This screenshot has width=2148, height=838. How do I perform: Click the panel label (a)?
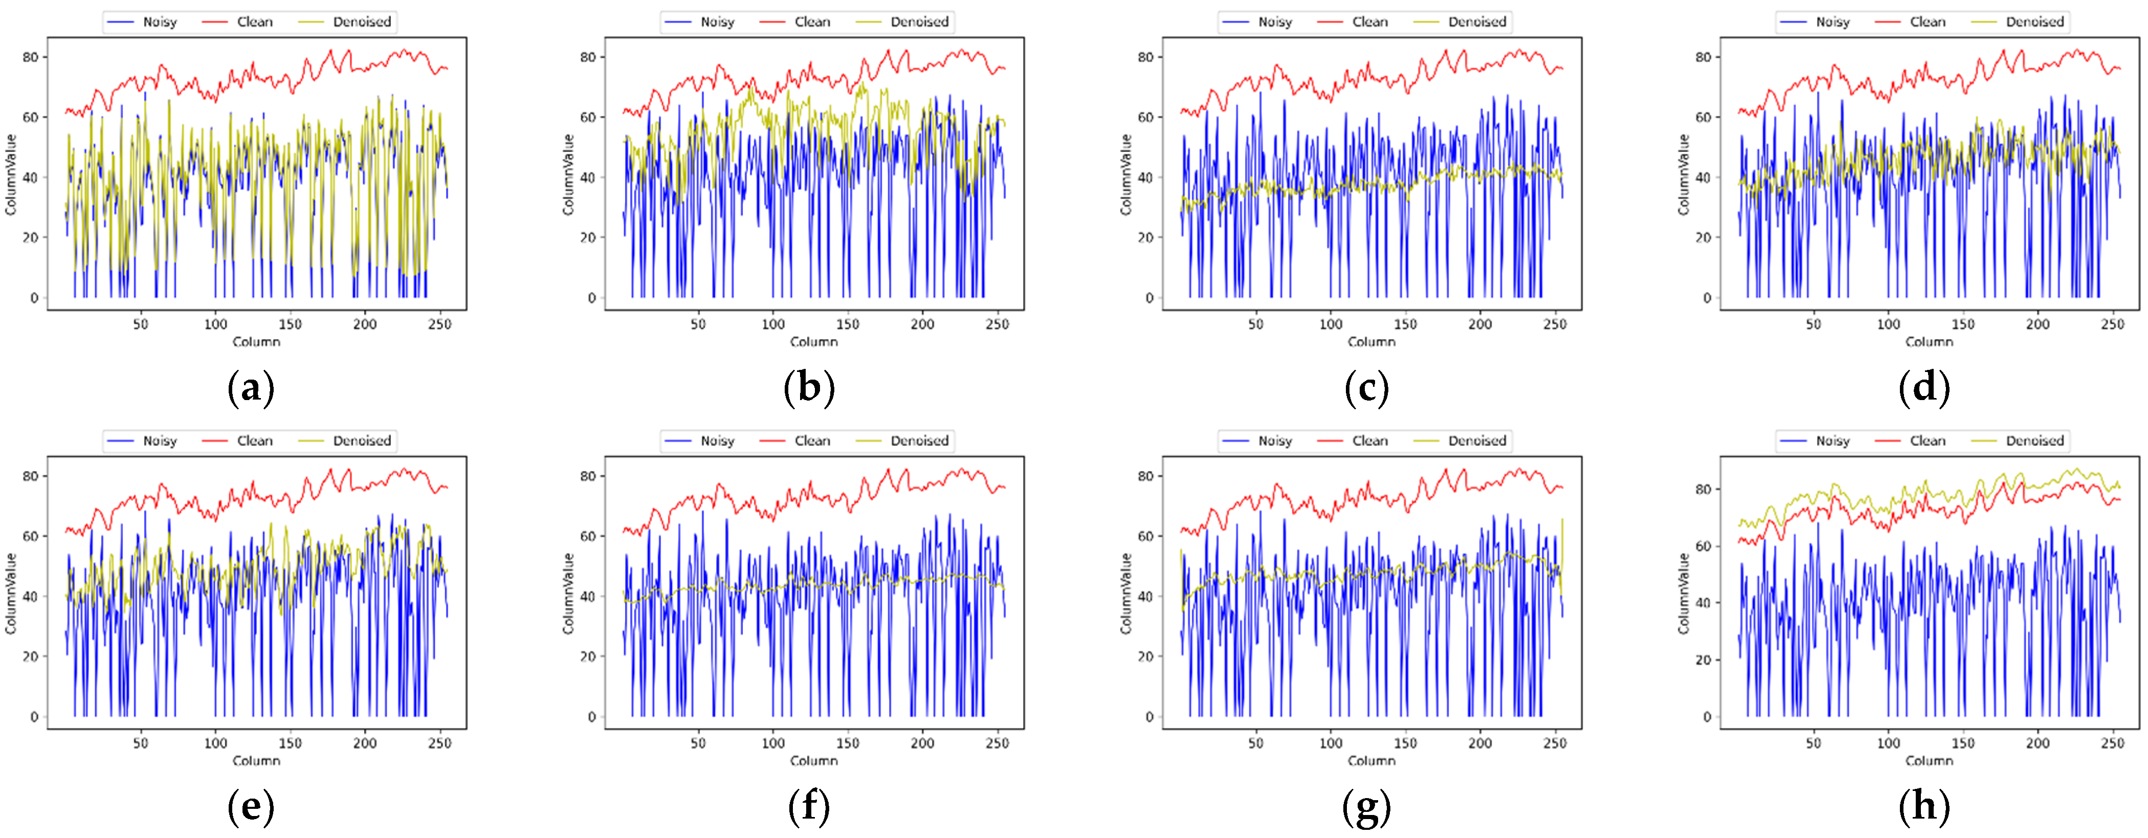251,389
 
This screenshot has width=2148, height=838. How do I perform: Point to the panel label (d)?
1924,389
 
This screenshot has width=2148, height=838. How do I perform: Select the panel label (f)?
809,807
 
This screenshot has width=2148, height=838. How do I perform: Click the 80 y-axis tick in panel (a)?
31,57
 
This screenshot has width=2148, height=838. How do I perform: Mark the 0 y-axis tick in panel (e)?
34,716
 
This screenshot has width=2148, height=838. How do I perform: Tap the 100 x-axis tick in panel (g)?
1331,743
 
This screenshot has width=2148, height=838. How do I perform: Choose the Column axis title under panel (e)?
256,760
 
